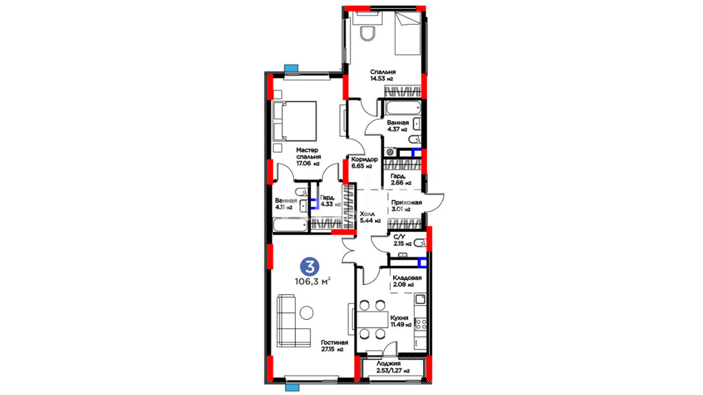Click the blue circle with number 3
tap(309, 267)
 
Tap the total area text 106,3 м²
tap(313, 281)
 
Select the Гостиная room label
tap(334, 343)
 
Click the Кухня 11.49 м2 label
tap(401, 321)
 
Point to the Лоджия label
tap(388, 364)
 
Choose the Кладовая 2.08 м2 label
tap(407, 281)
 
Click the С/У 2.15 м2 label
tap(402, 240)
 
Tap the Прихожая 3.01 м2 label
tap(406, 206)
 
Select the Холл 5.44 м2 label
tap(370, 217)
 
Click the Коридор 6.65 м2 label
tap(364, 163)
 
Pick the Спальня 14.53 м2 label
tap(383, 75)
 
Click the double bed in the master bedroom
tap(295, 121)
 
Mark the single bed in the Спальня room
tap(408, 33)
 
